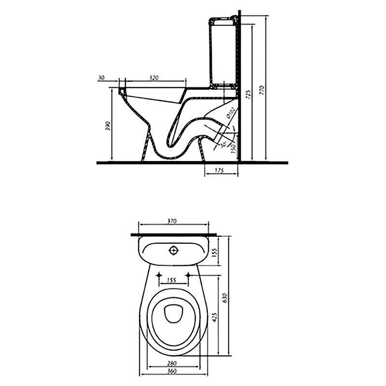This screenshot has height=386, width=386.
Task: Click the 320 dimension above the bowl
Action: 154,77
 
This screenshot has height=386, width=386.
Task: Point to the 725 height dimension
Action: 248,95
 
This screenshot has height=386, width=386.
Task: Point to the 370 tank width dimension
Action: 172,221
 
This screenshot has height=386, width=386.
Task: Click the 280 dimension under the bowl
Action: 172,362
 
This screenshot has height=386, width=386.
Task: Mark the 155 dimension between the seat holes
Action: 172,279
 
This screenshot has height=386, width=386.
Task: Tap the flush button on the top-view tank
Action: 173,250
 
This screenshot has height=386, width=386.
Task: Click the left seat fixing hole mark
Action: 159,275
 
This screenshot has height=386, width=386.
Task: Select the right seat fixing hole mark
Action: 189,275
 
